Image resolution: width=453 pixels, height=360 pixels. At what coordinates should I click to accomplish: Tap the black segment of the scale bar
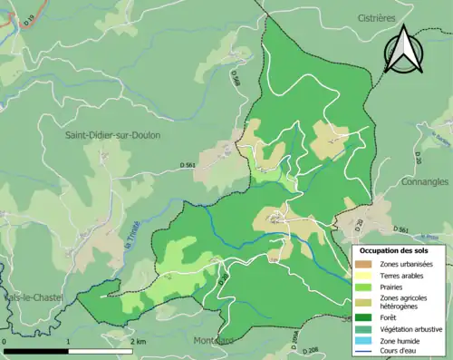click(x=36, y=351)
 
